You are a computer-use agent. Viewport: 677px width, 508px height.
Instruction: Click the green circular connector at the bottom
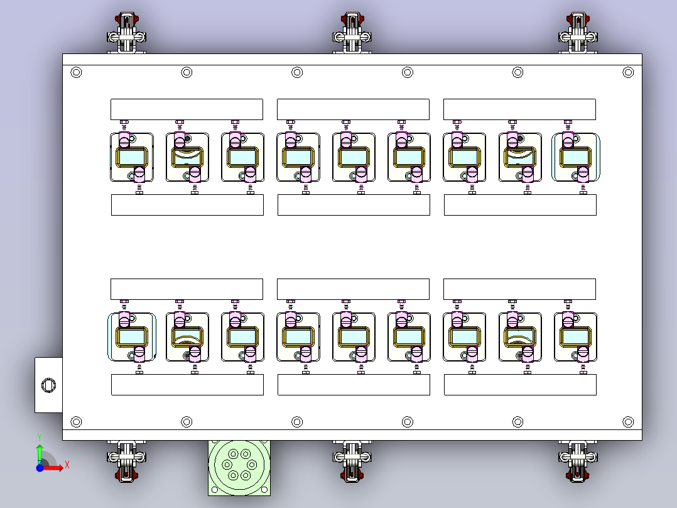click(x=239, y=467)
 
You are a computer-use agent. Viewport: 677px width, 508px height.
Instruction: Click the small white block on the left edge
click(x=48, y=385)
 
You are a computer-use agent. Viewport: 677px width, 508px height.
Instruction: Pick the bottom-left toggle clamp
click(x=126, y=461)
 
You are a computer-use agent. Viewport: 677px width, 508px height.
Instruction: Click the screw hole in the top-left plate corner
click(x=77, y=73)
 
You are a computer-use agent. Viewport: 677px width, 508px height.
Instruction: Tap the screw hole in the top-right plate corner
click(x=628, y=73)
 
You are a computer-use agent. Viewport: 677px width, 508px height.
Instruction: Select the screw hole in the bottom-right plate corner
click(x=628, y=421)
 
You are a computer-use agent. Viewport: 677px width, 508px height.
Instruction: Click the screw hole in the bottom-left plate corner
click(x=77, y=421)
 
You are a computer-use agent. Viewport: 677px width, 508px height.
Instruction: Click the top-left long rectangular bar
click(x=187, y=109)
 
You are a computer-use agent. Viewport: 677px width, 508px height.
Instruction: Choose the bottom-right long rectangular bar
click(x=520, y=385)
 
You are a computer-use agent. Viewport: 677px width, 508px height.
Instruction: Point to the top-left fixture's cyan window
click(x=131, y=157)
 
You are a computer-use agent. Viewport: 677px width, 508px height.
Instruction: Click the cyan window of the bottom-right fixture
click(x=575, y=336)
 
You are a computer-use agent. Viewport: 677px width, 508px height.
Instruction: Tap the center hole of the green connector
click(x=239, y=465)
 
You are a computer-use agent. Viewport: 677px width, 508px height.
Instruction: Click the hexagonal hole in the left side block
click(x=48, y=385)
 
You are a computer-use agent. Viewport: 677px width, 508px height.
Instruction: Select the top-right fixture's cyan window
click(x=575, y=157)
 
